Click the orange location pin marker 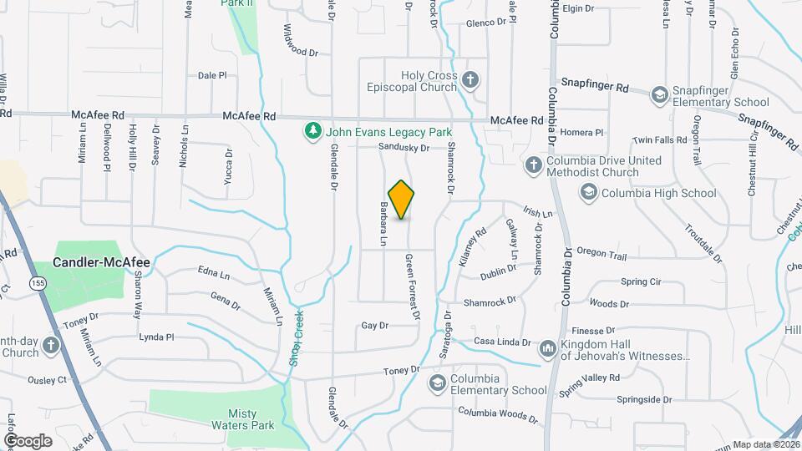(x=402, y=200)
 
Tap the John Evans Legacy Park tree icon (x=313, y=131)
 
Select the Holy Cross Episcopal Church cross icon (x=470, y=81)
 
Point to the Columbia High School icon (x=590, y=193)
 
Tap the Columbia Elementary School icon (x=437, y=383)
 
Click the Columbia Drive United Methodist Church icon (x=533, y=164)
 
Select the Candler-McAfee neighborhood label (x=101, y=262)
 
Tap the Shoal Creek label (x=295, y=343)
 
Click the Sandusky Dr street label (x=404, y=148)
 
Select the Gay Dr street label (x=375, y=326)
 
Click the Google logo (x=28, y=440)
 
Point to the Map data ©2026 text (x=765, y=444)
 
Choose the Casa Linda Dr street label (x=503, y=342)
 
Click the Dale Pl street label (x=212, y=75)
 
